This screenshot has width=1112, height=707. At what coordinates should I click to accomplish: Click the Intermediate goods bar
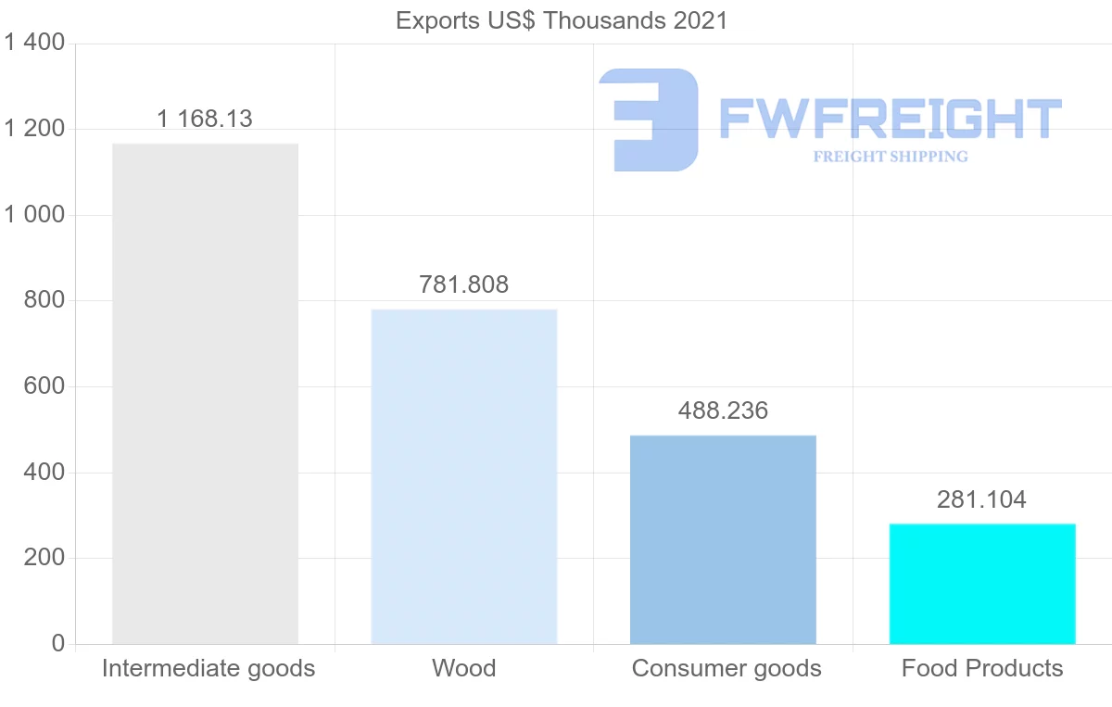[205, 394]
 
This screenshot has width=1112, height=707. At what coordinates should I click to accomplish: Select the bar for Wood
[463, 476]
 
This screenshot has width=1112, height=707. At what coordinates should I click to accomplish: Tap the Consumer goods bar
[723, 539]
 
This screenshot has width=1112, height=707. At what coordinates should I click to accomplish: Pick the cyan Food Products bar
[982, 584]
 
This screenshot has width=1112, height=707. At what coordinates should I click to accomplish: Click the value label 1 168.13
[205, 119]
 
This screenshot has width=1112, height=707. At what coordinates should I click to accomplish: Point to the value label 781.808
[463, 284]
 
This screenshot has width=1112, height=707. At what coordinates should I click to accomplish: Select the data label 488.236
[723, 410]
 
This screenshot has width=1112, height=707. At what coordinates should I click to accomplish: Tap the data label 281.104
[982, 500]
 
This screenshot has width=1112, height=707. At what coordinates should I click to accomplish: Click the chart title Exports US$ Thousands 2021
[562, 20]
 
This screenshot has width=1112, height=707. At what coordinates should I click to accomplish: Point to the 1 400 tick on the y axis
[34, 43]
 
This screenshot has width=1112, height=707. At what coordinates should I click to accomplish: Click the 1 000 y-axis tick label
[34, 215]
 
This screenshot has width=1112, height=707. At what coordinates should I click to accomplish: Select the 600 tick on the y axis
[44, 386]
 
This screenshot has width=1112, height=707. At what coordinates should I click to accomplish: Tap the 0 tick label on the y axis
[57, 644]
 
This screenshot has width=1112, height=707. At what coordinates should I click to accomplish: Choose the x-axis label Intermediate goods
[208, 668]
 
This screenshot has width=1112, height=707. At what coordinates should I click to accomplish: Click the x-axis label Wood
[463, 668]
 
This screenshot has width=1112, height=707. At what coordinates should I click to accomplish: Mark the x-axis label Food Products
[982, 668]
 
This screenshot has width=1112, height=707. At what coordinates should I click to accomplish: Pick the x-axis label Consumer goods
[727, 668]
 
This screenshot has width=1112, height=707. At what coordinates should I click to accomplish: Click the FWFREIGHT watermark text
[890, 118]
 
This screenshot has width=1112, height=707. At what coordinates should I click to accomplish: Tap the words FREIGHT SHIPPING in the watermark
[891, 157]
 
